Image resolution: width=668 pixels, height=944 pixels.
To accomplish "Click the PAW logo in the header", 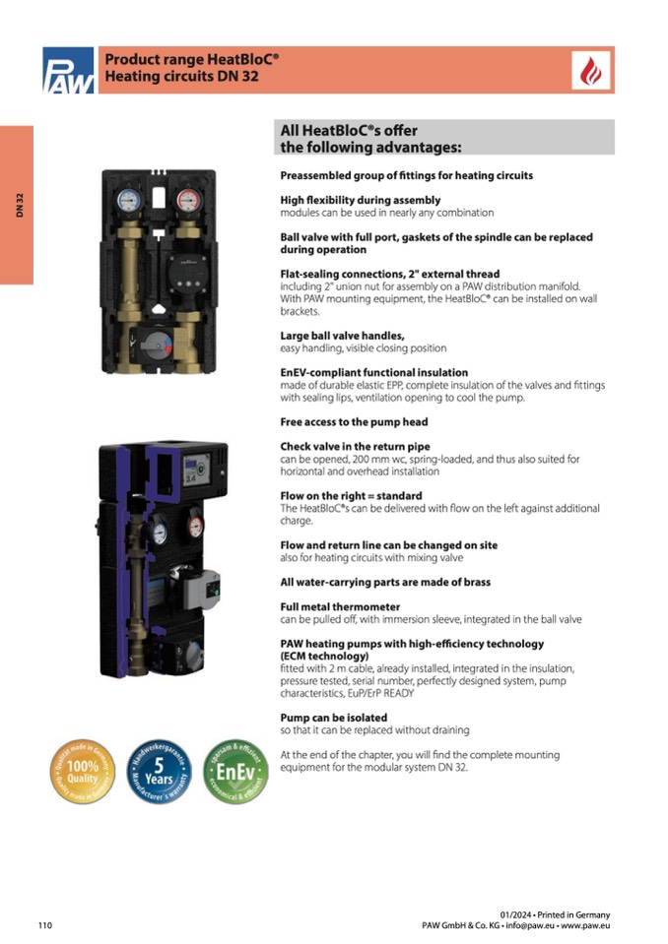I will click(68, 70).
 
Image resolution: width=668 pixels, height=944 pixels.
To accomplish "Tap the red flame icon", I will click(592, 71).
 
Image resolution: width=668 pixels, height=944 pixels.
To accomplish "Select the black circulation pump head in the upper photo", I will click(186, 266).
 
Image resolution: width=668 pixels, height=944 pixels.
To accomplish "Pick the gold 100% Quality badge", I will click(82, 772).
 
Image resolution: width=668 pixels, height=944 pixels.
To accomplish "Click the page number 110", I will click(44, 925).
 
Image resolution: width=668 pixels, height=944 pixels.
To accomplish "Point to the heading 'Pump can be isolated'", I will click(334, 717).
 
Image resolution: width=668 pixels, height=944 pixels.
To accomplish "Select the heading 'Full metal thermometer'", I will click(340, 606).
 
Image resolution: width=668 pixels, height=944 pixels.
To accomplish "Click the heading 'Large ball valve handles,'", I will click(342, 336).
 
